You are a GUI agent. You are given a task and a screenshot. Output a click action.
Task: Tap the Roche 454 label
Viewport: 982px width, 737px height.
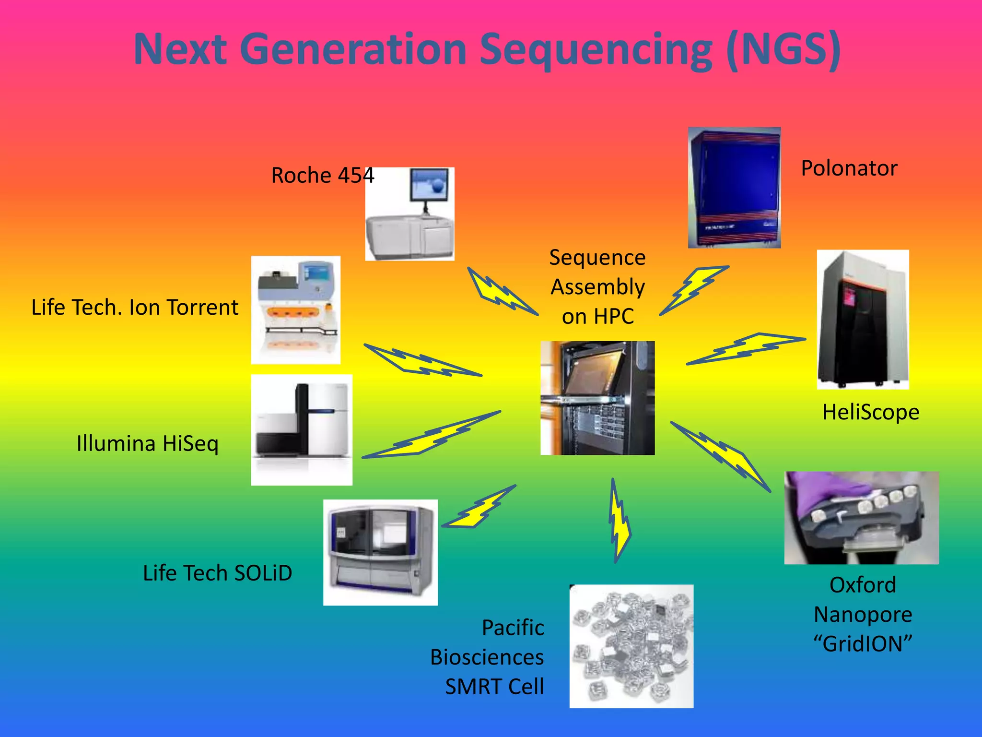coord(322,176)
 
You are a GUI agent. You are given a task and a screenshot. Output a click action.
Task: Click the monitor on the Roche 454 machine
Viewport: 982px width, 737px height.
coord(429,185)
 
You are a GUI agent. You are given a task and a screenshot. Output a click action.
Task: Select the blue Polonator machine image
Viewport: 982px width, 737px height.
coord(734,188)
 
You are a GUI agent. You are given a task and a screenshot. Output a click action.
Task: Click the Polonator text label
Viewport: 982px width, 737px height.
coord(849,168)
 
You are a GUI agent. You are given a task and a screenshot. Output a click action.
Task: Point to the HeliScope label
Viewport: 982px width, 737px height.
coord(870,412)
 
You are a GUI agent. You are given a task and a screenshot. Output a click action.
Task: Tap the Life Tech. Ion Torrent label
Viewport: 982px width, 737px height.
coord(135,308)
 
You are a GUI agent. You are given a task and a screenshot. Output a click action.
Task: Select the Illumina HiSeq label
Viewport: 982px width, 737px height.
coord(147,443)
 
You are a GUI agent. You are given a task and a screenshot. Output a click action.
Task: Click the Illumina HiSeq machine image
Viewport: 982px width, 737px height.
coord(302,429)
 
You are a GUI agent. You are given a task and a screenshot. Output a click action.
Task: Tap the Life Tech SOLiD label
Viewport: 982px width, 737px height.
coord(217,573)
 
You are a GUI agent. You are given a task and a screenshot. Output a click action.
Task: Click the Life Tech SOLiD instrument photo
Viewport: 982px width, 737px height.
coord(380,552)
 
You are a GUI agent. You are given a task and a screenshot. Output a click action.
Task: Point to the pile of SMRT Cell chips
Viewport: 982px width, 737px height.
coord(631,646)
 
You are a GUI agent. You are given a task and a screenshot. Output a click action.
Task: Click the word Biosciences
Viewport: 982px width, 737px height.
coord(487,657)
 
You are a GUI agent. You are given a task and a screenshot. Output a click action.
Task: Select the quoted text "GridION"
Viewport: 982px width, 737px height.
coord(863,644)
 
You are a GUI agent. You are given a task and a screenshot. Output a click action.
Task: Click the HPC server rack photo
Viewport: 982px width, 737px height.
coord(597,398)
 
